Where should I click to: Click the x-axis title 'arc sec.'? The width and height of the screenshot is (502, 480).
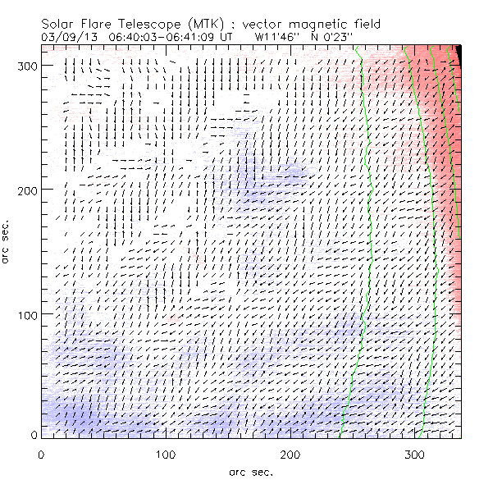(251, 471)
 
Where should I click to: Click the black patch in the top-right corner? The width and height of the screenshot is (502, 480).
(460, 54)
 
